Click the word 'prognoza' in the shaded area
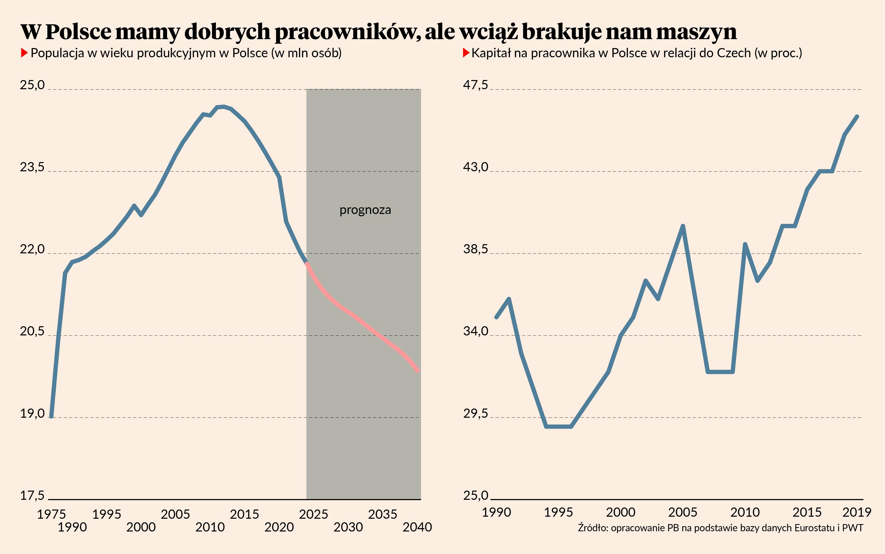[x=365, y=210]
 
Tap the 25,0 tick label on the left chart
[x=32, y=85]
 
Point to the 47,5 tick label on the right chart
[x=475, y=85]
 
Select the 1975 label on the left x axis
[x=51, y=514]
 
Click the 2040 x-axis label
[x=417, y=527]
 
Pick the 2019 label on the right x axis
[x=856, y=512]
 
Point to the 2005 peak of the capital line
[x=683, y=226]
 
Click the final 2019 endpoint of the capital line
[x=857, y=117]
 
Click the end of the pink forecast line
[x=417, y=371]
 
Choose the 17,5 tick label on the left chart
[x=32, y=496]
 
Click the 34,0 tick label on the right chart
[x=475, y=331]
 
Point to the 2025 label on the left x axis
[x=313, y=514]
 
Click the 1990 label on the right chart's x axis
[x=496, y=512]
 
